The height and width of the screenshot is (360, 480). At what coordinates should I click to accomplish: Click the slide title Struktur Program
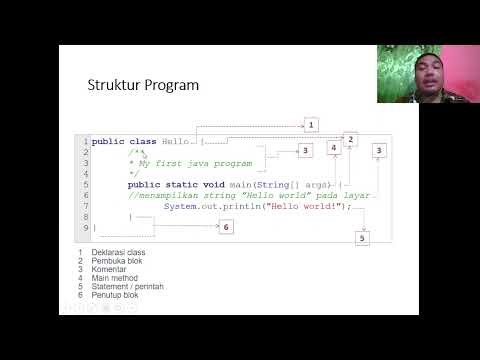[143, 85]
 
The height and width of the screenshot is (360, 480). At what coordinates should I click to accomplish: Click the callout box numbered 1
[311, 125]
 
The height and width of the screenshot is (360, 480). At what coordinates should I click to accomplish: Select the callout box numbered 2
[351, 140]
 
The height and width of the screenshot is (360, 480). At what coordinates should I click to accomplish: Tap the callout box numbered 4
[333, 148]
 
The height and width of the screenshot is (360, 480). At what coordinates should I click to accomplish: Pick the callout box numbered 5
[362, 238]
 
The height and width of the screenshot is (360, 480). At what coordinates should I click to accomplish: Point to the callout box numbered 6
[226, 227]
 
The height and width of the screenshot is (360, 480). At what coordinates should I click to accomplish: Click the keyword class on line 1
[143, 141]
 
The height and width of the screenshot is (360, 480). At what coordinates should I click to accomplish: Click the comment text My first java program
[193, 163]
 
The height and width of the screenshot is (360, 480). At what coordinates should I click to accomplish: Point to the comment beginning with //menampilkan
[249, 195]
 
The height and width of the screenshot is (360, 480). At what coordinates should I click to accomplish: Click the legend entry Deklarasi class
[118, 253]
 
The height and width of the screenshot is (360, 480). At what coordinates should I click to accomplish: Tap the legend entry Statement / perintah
[126, 287]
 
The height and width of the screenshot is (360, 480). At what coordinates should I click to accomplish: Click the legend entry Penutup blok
[115, 296]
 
